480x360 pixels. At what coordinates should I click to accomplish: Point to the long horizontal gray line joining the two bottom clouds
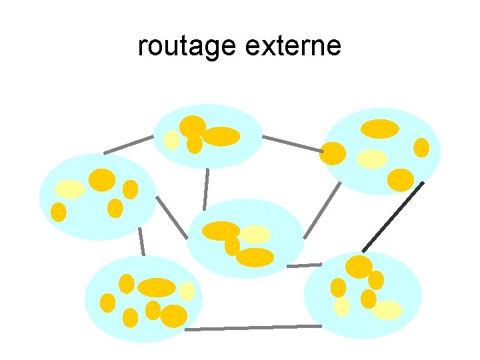pyautogui.click(x=253, y=327)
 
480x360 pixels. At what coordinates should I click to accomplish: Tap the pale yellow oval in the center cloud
pyautogui.click(x=255, y=234)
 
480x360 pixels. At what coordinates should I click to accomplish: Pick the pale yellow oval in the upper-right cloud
pyautogui.click(x=372, y=158)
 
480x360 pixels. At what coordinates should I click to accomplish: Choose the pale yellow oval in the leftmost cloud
pyautogui.click(x=69, y=189)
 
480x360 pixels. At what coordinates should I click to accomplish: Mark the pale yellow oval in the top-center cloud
pyautogui.click(x=172, y=140)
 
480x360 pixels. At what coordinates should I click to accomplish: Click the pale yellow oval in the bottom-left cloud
pyautogui.click(x=187, y=291)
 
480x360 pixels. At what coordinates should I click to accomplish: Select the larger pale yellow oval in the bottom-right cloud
pyautogui.click(x=387, y=310)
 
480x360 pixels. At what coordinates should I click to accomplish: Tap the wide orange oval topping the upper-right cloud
pyautogui.click(x=380, y=129)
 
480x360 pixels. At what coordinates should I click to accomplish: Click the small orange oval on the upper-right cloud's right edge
pyautogui.click(x=421, y=147)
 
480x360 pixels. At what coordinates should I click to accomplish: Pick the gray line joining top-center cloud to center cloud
pyautogui.click(x=207, y=188)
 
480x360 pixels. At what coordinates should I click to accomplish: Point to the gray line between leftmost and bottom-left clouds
pyautogui.click(x=141, y=241)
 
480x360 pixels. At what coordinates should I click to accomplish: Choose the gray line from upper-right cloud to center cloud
pyautogui.click(x=322, y=211)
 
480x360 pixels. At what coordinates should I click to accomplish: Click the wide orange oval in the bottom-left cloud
pyautogui.click(x=157, y=287)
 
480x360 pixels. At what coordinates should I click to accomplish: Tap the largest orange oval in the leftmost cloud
pyautogui.click(x=102, y=180)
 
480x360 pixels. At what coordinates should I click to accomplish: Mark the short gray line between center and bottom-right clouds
pyautogui.click(x=304, y=265)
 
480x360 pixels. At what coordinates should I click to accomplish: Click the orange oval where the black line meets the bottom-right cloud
pyautogui.click(x=359, y=267)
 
